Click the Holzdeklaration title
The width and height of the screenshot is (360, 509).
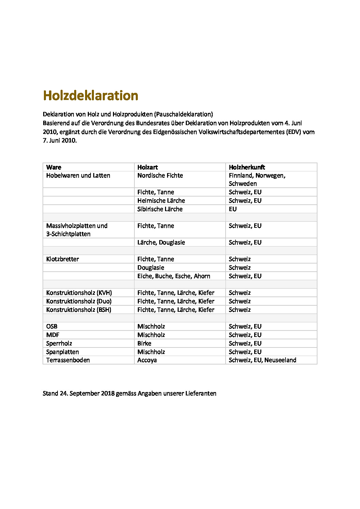pos(91,96)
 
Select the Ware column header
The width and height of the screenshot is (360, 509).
pos(54,167)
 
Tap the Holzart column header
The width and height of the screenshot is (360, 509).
pos(148,167)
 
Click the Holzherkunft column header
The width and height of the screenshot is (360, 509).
pos(247,167)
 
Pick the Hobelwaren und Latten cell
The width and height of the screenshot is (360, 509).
pos(78,176)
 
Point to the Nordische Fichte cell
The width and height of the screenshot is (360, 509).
pos(160,176)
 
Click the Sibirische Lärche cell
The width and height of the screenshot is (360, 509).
pos(160,209)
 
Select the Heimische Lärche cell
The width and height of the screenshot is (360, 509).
pos(161,201)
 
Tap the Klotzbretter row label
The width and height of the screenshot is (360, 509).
pos(63,259)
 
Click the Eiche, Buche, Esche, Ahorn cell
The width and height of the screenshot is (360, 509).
pos(174,276)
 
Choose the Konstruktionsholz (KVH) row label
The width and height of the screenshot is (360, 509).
pos(79,293)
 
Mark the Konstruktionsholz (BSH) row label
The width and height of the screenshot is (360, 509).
pos(79,310)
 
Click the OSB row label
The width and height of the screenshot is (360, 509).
pos(52,326)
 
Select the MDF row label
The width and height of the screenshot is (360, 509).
pos(53,335)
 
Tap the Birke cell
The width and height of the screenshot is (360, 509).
pos(144,343)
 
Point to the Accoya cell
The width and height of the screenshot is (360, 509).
pos(147,360)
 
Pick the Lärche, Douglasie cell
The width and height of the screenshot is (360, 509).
pos(161,242)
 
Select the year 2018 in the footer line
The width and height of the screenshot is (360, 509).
pos(108,393)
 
